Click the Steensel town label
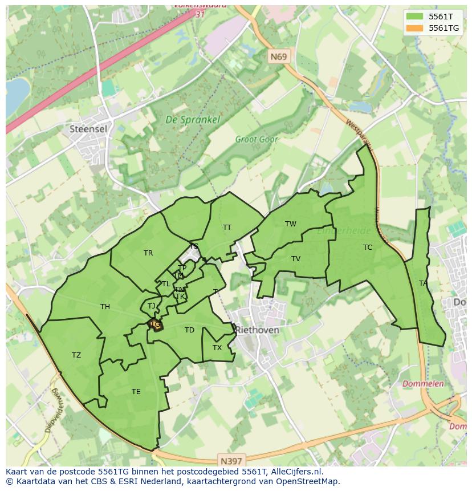point(88,129)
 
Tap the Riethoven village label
point(257,330)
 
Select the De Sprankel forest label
point(185,120)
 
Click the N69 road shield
point(278,56)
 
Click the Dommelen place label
point(422,384)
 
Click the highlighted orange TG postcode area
point(155,325)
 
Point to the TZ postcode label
point(76,355)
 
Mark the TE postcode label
point(136,391)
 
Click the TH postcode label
point(105,307)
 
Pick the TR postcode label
point(148,253)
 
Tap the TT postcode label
point(227,228)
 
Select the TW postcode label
point(291,224)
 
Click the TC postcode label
point(368,247)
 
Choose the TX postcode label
point(217,348)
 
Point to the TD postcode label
point(189,330)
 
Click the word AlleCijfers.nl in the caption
point(296,472)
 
